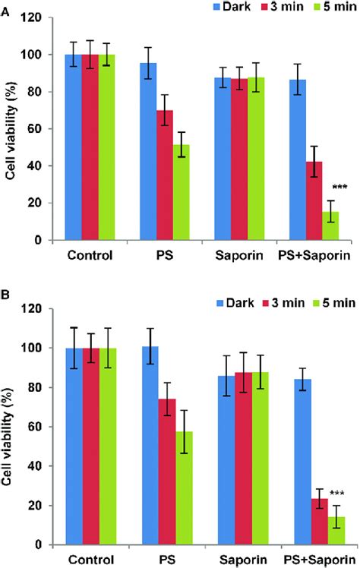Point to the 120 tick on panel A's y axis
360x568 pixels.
[x=34, y=17]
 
